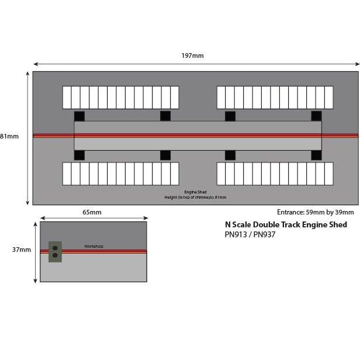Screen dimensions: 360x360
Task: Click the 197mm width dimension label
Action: tap(193, 56)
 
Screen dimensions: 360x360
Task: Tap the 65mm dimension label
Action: tap(92, 212)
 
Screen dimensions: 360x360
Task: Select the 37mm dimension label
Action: tap(22, 250)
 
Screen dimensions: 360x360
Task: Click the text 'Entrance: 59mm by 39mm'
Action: tap(315, 212)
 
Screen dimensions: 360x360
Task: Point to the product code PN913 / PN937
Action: tap(250, 235)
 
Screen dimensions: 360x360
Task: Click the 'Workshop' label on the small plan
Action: tap(94, 246)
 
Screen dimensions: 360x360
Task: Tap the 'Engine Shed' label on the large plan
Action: tap(195, 192)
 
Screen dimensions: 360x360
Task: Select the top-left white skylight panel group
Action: tap(120, 97)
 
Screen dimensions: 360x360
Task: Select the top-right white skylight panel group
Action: tap(275, 97)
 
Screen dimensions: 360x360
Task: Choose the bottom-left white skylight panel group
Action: tap(120, 173)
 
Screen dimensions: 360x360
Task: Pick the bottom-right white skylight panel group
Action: tap(275, 173)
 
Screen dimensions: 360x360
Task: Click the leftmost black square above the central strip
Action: tap(79, 116)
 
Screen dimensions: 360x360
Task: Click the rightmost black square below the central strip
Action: tap(316, 155)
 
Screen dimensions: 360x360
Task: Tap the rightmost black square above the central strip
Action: tap(316, 116)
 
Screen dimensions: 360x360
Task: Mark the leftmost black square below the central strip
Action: tap(79, 155)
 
